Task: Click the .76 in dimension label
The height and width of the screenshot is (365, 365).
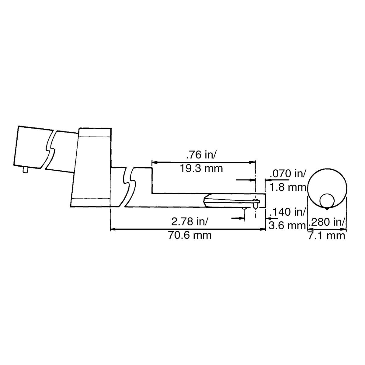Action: coord(201,155)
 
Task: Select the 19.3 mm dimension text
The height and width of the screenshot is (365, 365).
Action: coord(201,168)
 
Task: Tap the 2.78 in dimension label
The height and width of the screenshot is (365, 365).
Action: coord(189,222)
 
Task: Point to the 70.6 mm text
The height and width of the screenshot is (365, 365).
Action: coord(189,235)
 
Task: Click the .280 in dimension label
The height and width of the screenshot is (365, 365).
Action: coord(327,222)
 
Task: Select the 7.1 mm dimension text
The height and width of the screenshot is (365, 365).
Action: coord(327,235)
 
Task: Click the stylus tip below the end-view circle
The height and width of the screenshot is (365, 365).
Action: coord(327,209)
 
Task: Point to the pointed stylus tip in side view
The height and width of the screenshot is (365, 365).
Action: coord(255,207)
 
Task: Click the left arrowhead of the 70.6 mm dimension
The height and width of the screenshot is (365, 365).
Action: coord(112,229)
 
